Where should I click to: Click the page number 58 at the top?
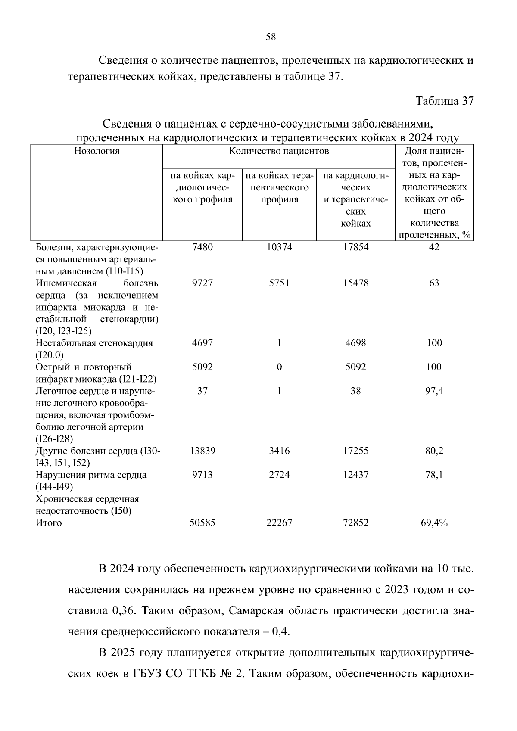pos(271,37)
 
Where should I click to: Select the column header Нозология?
pos(97,151)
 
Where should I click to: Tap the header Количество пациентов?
pos(279,151)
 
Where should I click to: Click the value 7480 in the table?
pos(202,247)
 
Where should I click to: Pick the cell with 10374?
pos(279,247)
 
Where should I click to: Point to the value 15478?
pos(355,283)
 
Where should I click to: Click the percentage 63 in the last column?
pos(434,283)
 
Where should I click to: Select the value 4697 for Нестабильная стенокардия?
pos(202,343)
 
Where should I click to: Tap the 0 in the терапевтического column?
pos(279,367)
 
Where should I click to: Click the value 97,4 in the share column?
pos(434,391)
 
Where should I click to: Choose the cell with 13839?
pos(202,451)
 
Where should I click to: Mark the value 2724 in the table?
pos(279,475)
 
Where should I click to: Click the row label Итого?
pos(49,523)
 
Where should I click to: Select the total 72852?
pos(355,523)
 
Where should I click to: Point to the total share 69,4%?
pos(434,523)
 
